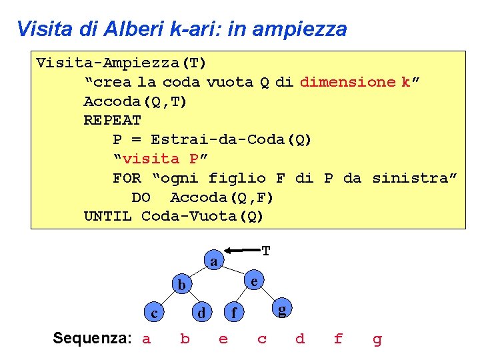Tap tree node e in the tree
tap(254, 281)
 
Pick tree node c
tap(154, 313)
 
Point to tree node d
tap(201, 312)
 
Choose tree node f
tap(233, 312)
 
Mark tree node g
tap(283, 309)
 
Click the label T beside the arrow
tap(266, 251)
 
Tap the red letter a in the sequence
tap(147, 339)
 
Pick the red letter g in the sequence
tap(377, 340)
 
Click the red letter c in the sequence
tap(262, 339)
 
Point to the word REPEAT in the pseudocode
tap(112, 121)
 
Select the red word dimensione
tap(348, 82)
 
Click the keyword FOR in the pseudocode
tap(127, 178)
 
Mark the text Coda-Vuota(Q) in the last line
tap(203, 217)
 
